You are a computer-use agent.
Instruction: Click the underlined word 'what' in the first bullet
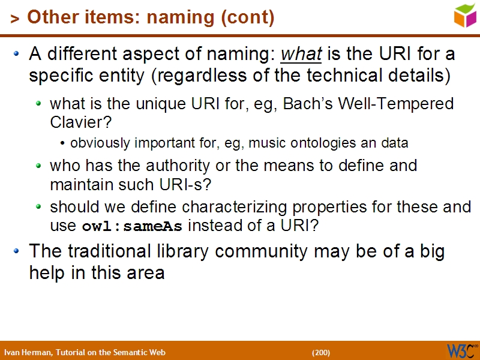tap(301, 55)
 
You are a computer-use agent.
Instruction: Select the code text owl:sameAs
tap(134, 227)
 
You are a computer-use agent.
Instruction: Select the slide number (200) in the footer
tap(321, 352)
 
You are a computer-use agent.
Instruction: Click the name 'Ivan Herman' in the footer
tap(28, 352)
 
